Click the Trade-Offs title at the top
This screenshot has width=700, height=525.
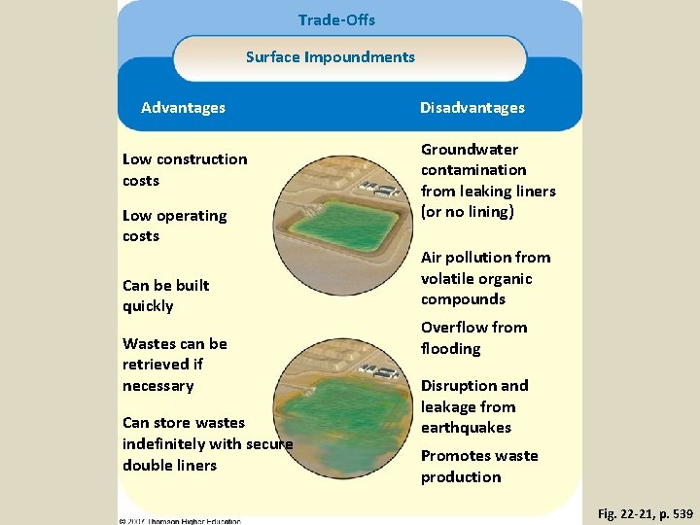[336, 19]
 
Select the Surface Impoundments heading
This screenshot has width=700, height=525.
[331, 56]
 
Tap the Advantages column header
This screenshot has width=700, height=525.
[183, 108]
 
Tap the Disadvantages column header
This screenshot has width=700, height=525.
[472, 108]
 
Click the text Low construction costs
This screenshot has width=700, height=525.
[185, 169]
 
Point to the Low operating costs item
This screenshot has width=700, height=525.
[174, 226]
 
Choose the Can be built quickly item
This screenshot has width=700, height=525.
[165, 296]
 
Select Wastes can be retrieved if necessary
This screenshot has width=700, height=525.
[174, 365]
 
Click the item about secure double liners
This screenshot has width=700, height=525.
[207, 443]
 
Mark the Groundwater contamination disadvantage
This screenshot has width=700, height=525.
[487, 180]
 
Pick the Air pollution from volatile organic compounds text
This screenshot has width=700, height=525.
[485, 278]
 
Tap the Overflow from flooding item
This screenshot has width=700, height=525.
[473, 337]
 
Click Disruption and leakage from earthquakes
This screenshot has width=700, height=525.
[474, 406]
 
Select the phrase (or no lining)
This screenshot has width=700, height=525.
[467, 212]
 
